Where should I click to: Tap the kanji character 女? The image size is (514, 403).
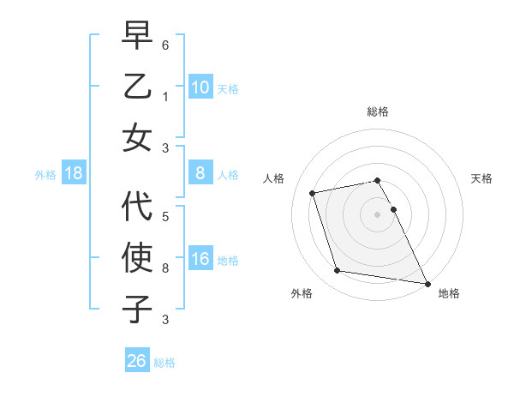(137, 138)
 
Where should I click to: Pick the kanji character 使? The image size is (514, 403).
(137, 258)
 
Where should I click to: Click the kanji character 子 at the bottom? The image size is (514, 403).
(137, 310)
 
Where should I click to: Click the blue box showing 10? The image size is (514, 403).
(200, 87)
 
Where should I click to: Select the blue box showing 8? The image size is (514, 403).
(200, 174)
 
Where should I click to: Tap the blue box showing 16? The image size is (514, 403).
(200, 260)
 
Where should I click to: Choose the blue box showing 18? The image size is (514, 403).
(74, 174)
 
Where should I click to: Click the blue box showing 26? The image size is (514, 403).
(137, 361)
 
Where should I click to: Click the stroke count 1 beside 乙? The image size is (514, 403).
(165, 95)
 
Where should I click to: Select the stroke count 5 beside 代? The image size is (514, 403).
(165, 216)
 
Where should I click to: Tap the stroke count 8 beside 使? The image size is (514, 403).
(165, 268)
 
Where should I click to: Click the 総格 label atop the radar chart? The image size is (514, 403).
(377, 111)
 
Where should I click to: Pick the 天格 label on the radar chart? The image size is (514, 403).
(481, 178)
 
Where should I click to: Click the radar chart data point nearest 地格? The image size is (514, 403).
(426, 282)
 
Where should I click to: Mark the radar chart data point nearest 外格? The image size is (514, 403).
(338, 271)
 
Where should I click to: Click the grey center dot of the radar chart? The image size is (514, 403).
(377, 214)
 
